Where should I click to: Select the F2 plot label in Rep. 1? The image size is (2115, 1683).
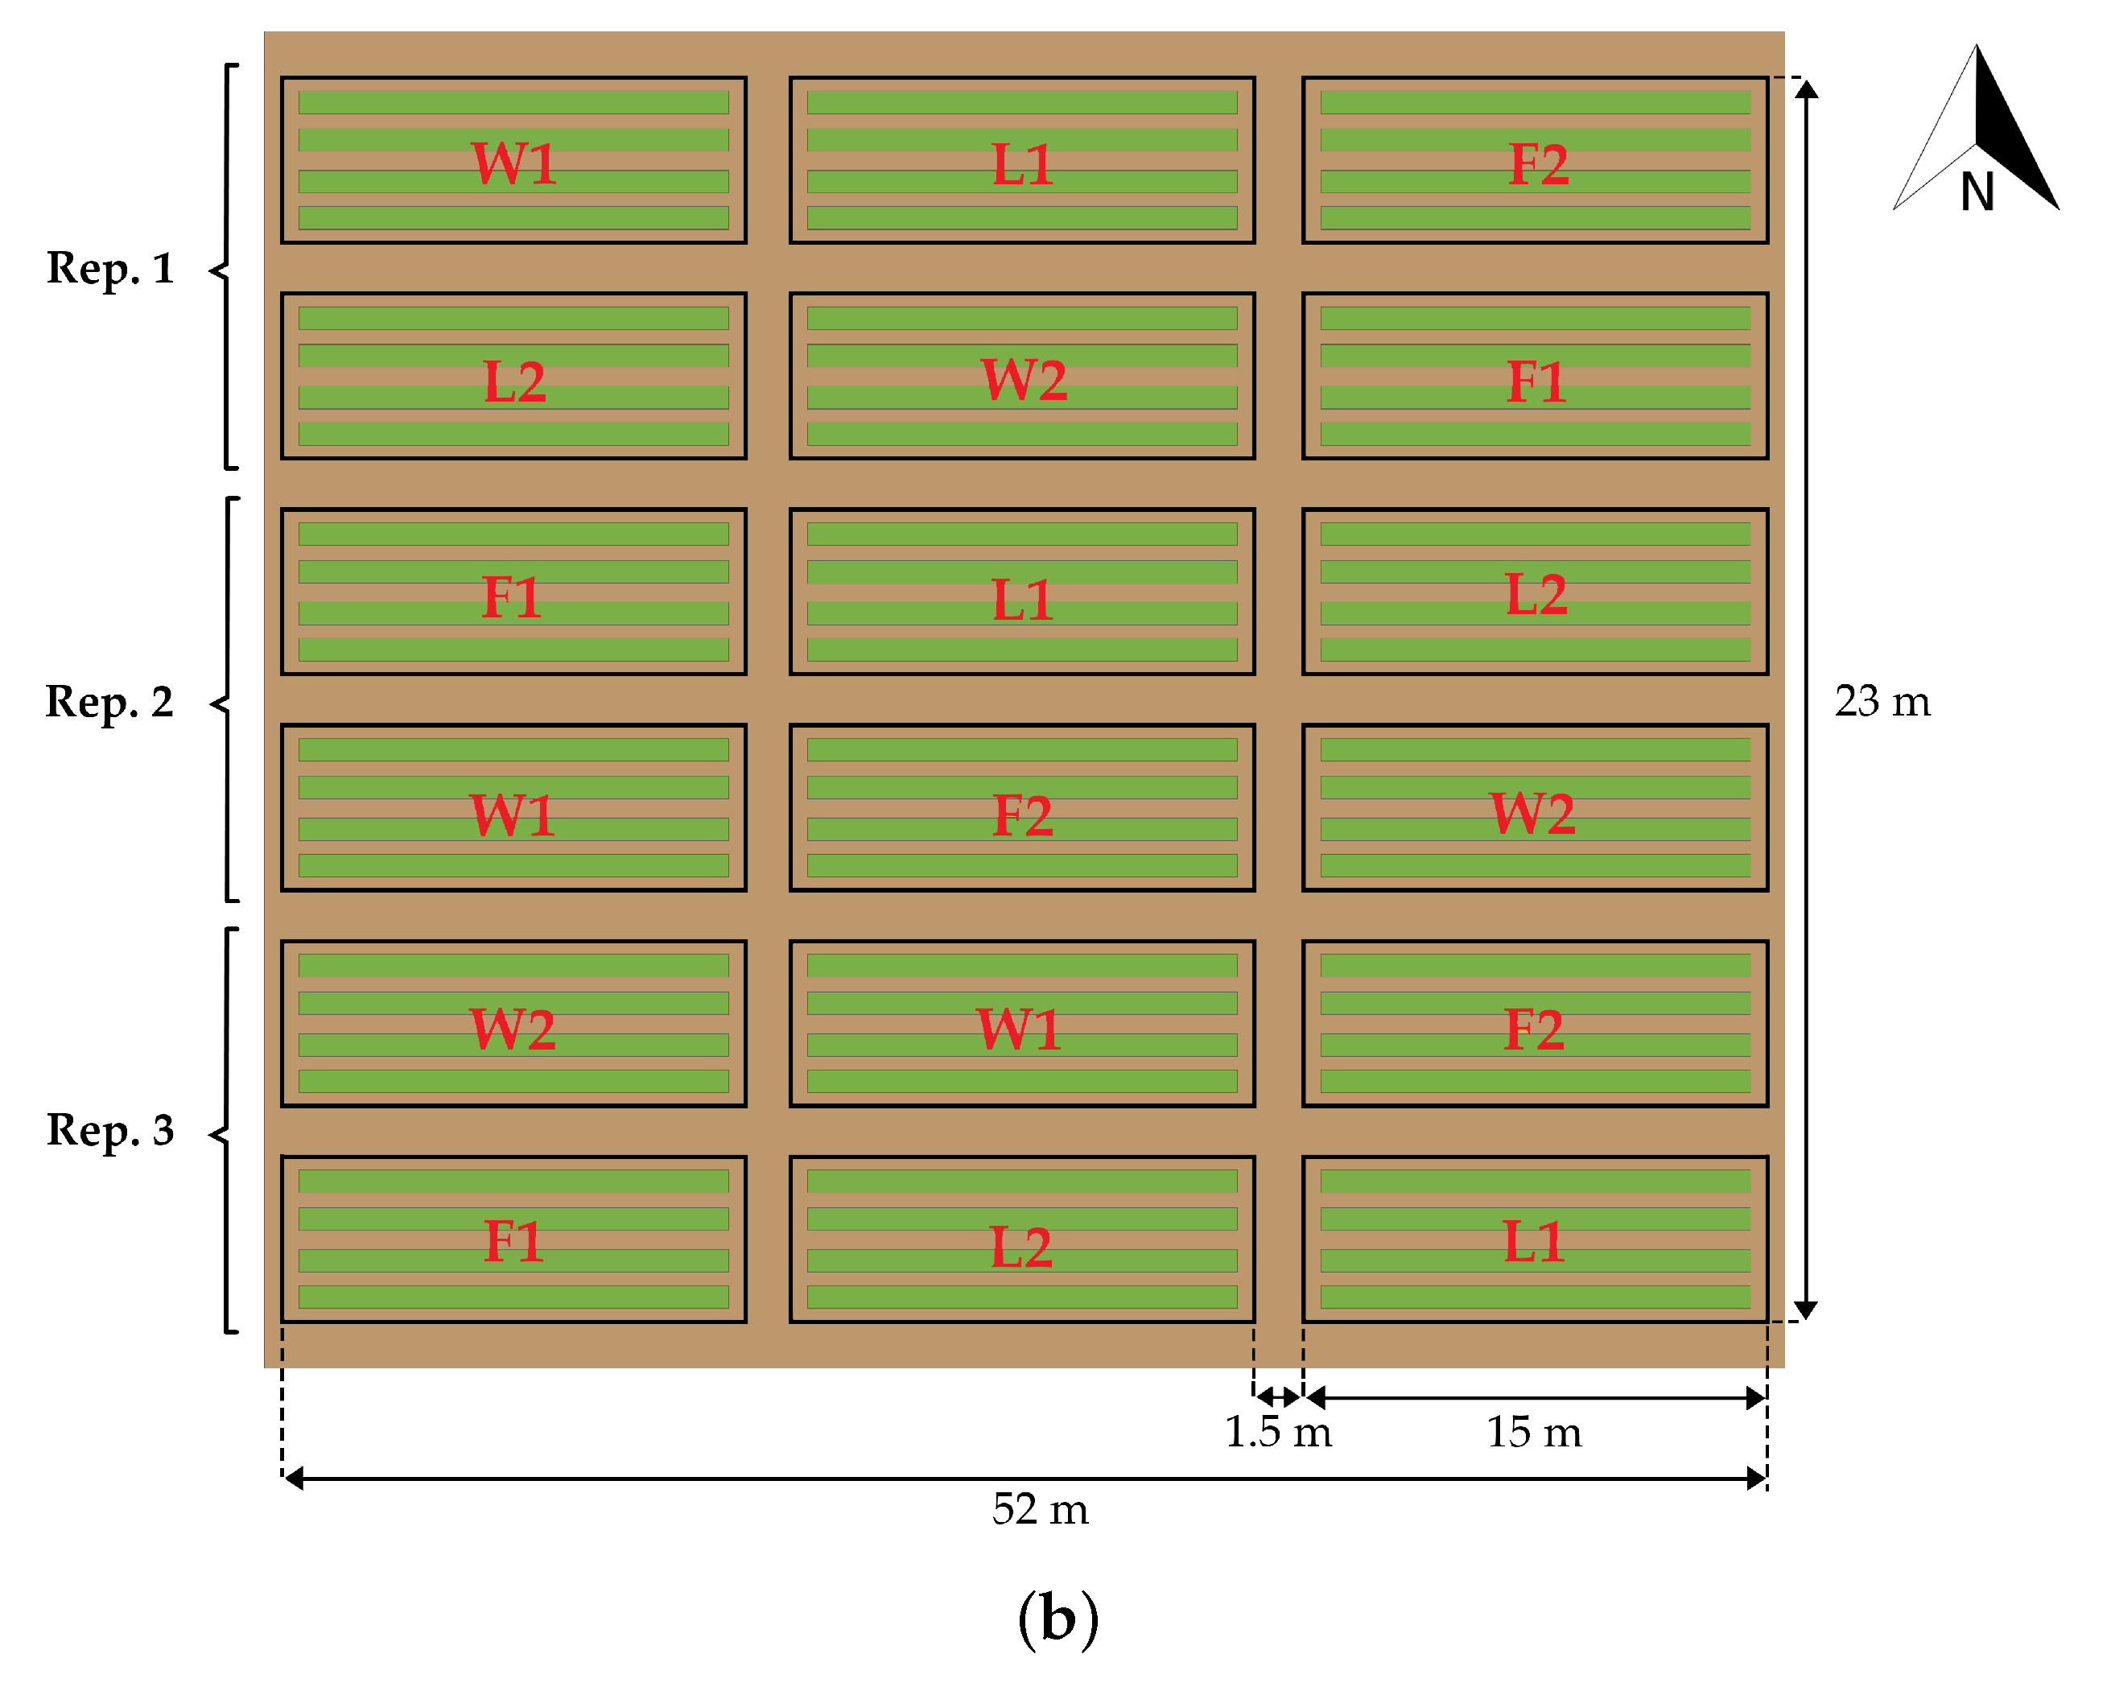(1537, 164)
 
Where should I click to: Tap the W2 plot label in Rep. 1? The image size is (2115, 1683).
(1023, 380)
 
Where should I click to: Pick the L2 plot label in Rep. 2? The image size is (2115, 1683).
(1536, 595)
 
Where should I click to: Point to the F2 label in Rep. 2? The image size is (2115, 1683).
(1022, 815)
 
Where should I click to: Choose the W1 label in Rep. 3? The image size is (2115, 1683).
(1018, 1029)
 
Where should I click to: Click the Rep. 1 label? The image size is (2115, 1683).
(110, 268)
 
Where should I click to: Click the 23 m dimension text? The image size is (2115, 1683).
(1882, 702)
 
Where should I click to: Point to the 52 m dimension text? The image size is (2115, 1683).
(1040, 1509)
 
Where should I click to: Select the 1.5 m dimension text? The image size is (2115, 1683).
(1277, 1432)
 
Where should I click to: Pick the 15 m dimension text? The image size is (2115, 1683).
(1533, 1432)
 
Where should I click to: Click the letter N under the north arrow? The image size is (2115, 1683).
(1977, 192)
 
